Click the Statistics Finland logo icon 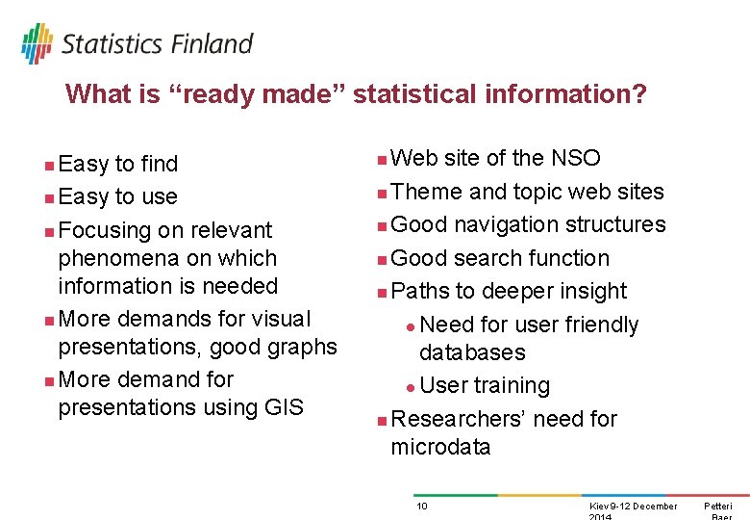pyautogui.click(x=37, y=43)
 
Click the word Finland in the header pyautogui.click(x=212, y=43)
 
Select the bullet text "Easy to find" pyautogui.click(x=118, y=165)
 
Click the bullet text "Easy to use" pyautogui.click(x=118, y=197)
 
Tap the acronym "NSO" pyautogui.click(x=575, y=158)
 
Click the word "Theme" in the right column pyautogui.click(x=427, y=192)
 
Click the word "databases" pyautogui.click(x=472, y=352)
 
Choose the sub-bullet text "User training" pyautogui.click(x=485, y=385)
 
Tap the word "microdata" pyautogui.click(x=440, y=447)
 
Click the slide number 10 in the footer pyautogui.click(x=421, y=507)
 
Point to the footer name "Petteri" pyautogui.click(x=717, y=507)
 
